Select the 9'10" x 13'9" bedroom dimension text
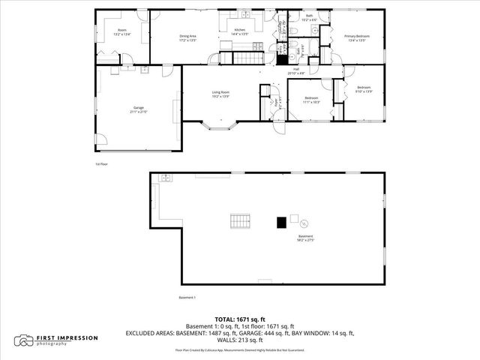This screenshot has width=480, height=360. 364,91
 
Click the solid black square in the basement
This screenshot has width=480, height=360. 281,222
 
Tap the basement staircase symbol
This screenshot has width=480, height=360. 239,220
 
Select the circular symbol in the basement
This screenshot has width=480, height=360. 304,223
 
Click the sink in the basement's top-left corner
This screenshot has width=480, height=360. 165,178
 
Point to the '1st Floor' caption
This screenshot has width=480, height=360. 101,163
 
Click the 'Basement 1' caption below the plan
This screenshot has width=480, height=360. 187,298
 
